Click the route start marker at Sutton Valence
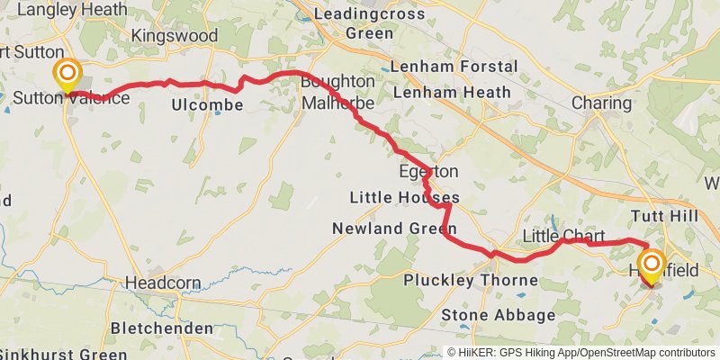tap(67, 75)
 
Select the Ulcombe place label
tap(207, 105)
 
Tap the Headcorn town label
tap(163, 282)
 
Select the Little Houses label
tap(405, 198)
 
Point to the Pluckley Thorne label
tap(471, 281)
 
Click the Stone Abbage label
tap(499, 315)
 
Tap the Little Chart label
tap(564, 236)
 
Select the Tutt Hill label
tap(665, 216)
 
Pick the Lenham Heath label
tap(452, 92)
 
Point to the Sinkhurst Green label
tap(64, 354)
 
